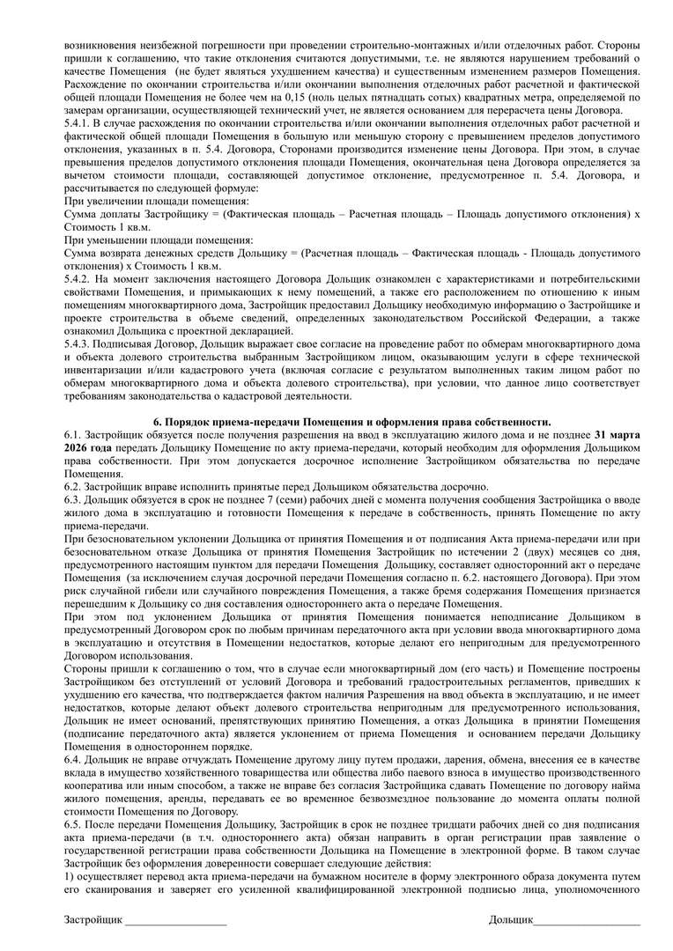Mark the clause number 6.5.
pos(73,822)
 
